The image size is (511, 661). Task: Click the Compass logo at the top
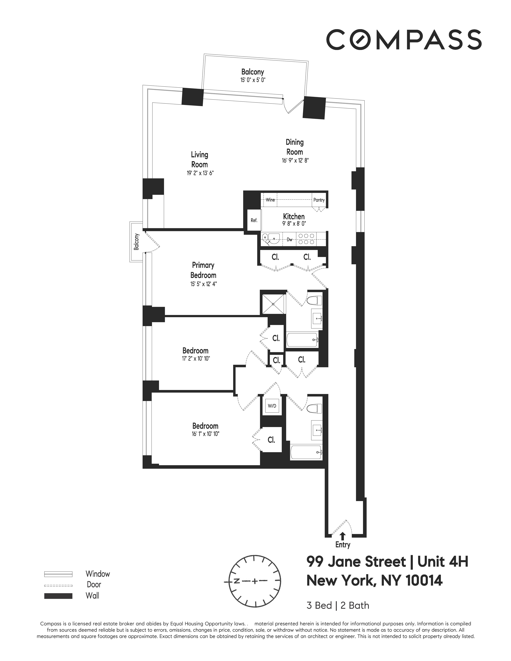tap(403, 40)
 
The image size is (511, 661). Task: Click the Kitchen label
tap(294, 216)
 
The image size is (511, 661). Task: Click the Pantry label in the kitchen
tap(319, 200)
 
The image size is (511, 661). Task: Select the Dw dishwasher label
tap(289, 240)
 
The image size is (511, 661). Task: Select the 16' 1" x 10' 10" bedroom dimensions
tap(205, 434)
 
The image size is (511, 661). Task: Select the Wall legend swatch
tap(58, 596)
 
